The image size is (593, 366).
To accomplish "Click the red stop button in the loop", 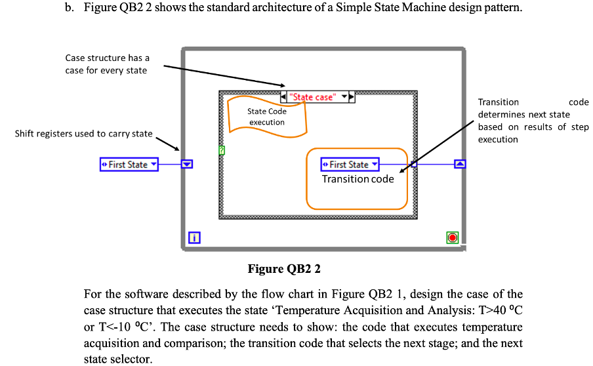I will tap(452, 237).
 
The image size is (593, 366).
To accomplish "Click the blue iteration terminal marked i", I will tap(194, 237).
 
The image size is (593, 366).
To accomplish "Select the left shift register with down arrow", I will tap(187, 165).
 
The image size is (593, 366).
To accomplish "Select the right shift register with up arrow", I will tap(460, 164).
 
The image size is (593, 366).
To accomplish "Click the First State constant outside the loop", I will tap(129, 165).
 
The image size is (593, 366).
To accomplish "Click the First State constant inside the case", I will tap(350, 165).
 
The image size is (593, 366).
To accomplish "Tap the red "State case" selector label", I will tap(313, 97).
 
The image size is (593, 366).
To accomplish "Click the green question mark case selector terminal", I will tap(222, 150).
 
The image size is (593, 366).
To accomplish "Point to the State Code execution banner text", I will tap(267, 117).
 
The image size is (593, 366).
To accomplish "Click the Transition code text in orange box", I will tap(358, 179).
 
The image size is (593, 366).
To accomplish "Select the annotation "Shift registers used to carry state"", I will tap(83, 134).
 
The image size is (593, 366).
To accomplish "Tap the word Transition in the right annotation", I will tap(498, 102).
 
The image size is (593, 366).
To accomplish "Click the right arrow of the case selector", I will tap(352, 97).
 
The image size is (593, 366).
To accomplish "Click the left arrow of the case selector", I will tap(283, 97).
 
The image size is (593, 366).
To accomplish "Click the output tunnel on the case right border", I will tap(413, 165).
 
